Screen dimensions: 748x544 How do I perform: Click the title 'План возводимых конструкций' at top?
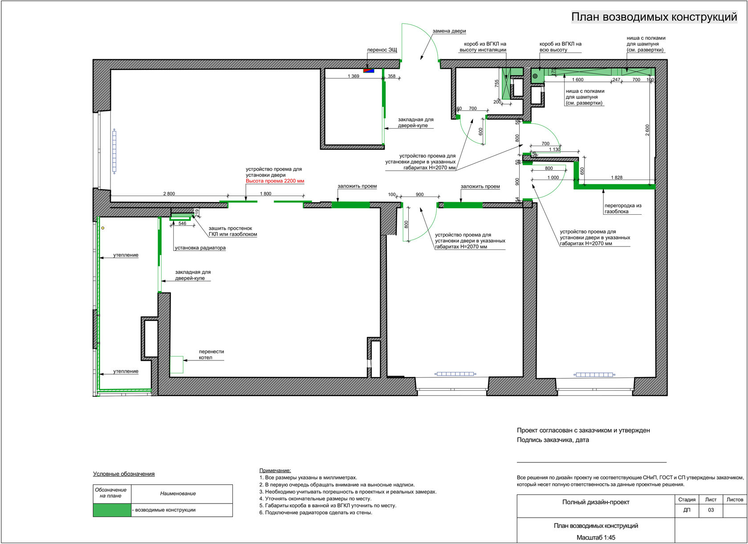[x=654, y=17]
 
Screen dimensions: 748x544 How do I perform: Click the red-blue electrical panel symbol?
[x=369, y=70]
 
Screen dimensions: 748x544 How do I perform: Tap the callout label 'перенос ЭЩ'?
[x=382, y=50]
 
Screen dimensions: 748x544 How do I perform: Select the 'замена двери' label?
[x=449, y=31]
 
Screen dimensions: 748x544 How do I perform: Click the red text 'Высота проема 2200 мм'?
[x=275, y=181]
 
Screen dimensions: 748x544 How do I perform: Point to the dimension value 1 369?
[x=353, y=76]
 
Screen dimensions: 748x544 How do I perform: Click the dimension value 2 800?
[x=169, y=194]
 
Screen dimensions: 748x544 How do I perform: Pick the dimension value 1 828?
[x=616, y=178]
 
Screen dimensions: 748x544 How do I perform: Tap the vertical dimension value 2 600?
[x=647, y=130]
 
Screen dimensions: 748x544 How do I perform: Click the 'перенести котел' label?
[x=211, y=355]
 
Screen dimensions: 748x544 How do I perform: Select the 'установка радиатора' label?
[x=200, y=248]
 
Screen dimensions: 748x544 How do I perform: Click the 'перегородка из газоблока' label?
[x=622, y=209]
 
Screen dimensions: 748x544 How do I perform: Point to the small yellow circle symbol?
[x=103, y=228]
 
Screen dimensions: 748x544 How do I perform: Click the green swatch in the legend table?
[x=112, y=510]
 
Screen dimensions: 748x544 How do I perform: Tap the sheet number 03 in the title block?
[x=711, y=510]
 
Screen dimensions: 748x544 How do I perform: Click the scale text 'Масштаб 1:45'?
[x=596, y=538]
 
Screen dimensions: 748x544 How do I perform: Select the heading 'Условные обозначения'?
[x=124, y=474]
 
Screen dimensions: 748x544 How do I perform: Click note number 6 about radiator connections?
[x=316, y=513]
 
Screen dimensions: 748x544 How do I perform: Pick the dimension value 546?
[x=182, y=224]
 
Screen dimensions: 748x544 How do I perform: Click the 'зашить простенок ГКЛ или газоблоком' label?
[x=232, y=231]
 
